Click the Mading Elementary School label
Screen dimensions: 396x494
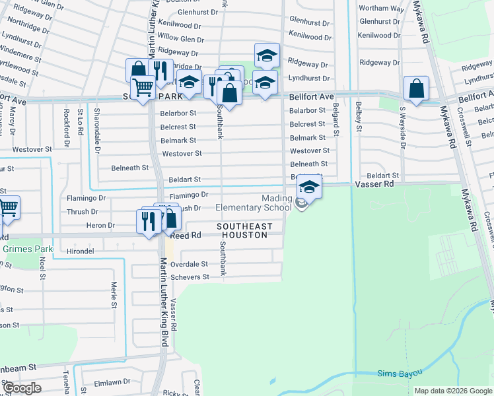[x=254, y=203]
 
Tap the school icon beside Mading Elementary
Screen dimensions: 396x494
[x=309, y=188]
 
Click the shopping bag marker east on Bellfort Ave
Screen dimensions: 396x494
[x=416, y=88]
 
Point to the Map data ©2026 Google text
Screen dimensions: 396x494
[x=452, y=391]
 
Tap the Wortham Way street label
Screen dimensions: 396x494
[x=381, y=9]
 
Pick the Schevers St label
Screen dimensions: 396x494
[x=190, y=277]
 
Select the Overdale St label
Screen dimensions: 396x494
[x=190, y=264]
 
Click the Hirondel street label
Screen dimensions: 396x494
[x=81, y=252]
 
